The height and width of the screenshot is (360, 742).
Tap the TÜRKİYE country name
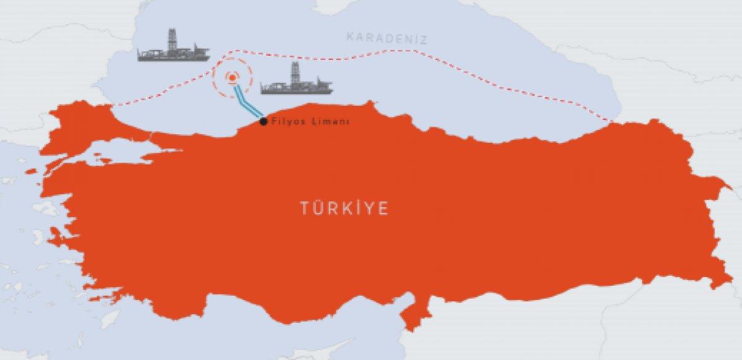344,209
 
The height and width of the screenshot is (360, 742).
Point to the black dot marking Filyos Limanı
264,122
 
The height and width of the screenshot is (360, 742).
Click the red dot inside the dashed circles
232,78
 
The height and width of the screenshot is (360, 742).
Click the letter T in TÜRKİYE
304,209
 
